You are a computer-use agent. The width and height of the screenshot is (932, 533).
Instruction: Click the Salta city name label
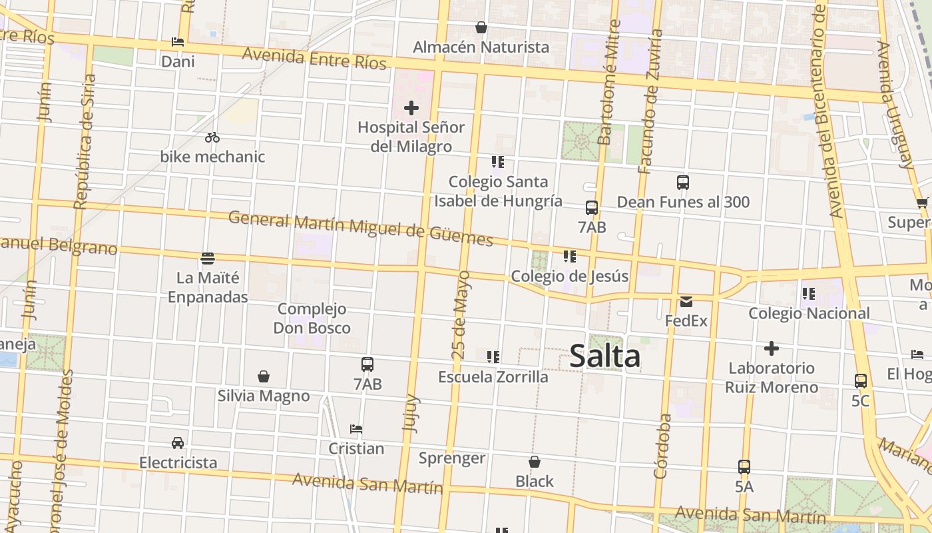[604, 356]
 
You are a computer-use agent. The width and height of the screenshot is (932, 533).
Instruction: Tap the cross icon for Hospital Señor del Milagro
[411, 107]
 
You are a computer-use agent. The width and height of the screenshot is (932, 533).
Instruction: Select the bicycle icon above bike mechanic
[212, 138]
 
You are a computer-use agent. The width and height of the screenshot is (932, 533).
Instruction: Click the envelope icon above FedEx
[686, 302]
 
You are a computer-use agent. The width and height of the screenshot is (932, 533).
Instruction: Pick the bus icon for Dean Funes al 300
[682, 183]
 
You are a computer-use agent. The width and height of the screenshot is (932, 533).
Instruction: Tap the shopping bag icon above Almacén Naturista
[481, 27]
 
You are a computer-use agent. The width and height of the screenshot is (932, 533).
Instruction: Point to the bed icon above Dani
[178, 42]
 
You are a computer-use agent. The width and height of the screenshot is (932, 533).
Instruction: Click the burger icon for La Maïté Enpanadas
[208, 258]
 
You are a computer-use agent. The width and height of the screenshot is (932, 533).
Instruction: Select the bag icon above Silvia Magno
[264, 376]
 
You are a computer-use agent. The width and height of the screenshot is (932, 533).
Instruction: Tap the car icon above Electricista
[178, 443]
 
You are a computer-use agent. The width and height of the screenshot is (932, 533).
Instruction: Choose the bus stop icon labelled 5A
[744, 467]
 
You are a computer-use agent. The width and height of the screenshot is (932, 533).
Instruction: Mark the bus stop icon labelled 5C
[861, 381]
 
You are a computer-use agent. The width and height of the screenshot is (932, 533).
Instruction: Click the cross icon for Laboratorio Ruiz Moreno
[772, 348]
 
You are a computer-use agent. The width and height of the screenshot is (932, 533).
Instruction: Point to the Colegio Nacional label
[809, 313]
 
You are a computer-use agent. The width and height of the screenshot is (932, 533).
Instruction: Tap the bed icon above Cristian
[356, 429]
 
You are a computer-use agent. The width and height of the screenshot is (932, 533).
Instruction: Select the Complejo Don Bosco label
[312, 318]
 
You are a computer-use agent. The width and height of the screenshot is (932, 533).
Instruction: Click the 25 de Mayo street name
[461, 314]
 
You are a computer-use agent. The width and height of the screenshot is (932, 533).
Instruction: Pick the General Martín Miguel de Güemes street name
[360, 228]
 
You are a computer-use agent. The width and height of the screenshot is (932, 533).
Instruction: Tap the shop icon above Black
[535, 462]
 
